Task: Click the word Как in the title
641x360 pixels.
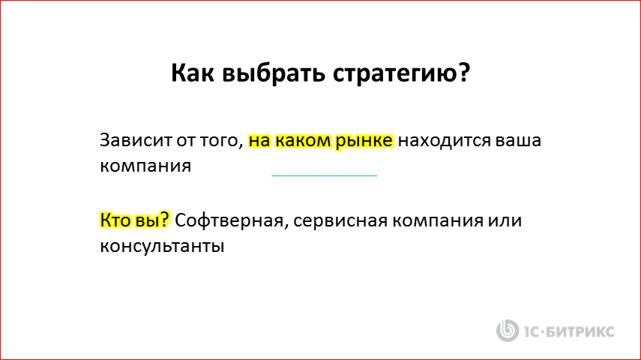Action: click(x=191, y=73)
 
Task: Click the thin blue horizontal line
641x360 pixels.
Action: click(x=324, y=175)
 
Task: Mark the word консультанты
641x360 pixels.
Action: click(x=163, y=245)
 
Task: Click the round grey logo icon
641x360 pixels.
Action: click(x=508, y=329)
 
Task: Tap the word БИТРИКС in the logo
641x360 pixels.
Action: click(x=583, y=330)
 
